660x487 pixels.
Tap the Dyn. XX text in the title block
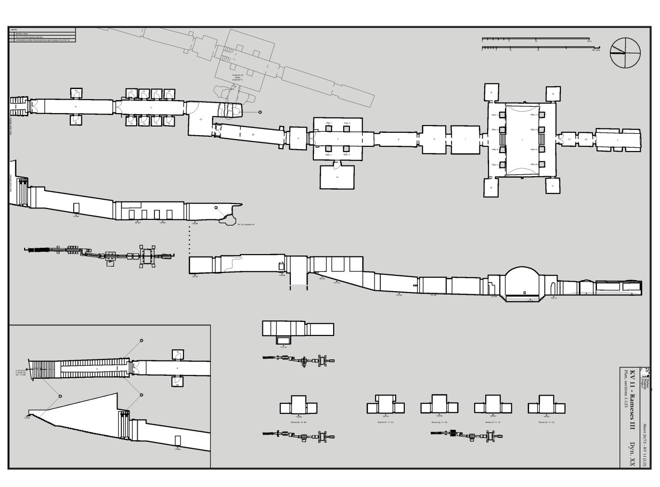click(632, 454)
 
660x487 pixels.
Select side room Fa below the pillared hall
click(337, 177)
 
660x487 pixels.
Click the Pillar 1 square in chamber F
click(328, 128)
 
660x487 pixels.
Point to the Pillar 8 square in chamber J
click(542, 165)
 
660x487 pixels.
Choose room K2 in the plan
click(586, 140)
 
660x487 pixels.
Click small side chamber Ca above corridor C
click(131, 93)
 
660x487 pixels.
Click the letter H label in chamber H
click(434, 139)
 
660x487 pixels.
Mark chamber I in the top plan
click(466, 140)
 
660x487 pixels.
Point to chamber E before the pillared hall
click(298, 138)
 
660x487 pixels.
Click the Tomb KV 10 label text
click(237, 76)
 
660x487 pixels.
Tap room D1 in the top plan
click(201, 119)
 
